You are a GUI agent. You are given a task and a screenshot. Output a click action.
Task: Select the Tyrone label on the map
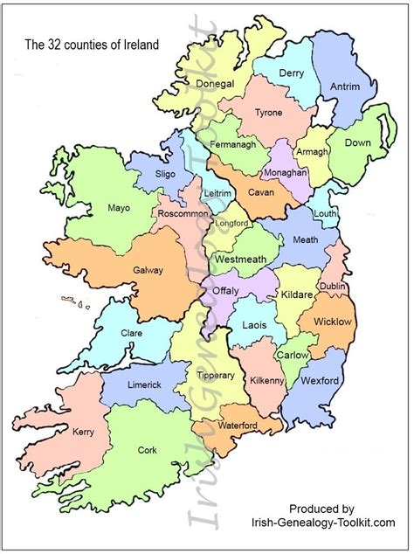268,113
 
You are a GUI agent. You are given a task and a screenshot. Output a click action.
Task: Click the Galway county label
148,270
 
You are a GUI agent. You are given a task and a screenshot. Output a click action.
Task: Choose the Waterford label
238,426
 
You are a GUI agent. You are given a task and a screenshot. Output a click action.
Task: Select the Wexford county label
319,381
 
